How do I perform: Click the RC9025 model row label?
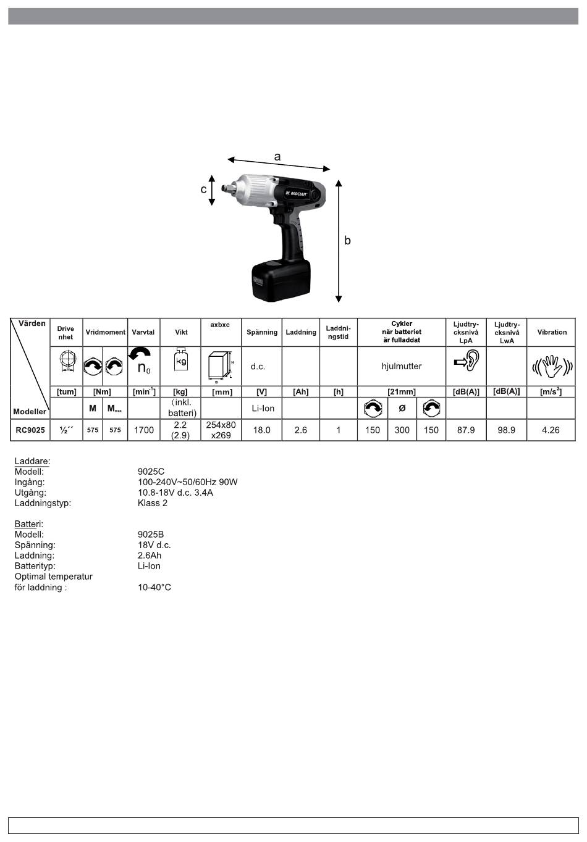(30, 430)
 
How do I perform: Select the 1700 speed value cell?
(144, 430)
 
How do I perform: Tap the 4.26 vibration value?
(551, 430)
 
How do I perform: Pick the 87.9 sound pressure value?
(466, 430)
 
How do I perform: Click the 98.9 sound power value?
(506, 430)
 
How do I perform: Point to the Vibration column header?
(552, 332)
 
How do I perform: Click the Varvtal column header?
(143, 332)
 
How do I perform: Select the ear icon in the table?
(467, 361)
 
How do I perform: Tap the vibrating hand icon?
(552, 365)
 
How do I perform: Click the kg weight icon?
(181, 359)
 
